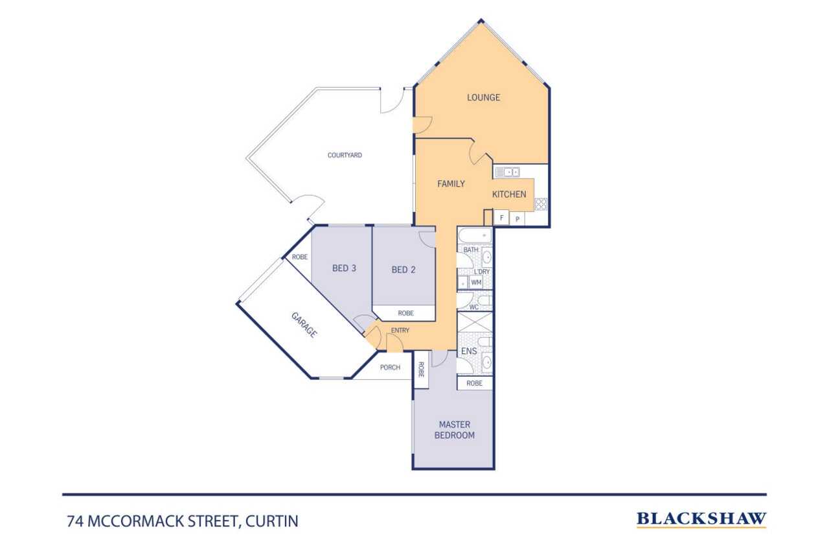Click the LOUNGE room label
(483, 98)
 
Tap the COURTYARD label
(345, 156)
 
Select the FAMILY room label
(451, 184)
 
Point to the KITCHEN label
(509, 194)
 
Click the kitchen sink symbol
(507, 172)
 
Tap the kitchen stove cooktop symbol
(541, 204)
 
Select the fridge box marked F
(501, 218)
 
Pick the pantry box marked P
(517, 219)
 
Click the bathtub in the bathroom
(475, 234)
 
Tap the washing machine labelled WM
(476, 283)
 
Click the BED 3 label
(344, 268)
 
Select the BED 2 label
(403, 270)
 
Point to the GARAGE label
(304, 325)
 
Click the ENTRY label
(400, 331)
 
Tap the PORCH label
(390, 368)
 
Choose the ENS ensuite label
(468, 351)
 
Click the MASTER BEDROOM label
(454, 430)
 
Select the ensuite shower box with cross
(475, 322)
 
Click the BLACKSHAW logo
(701, 519)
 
